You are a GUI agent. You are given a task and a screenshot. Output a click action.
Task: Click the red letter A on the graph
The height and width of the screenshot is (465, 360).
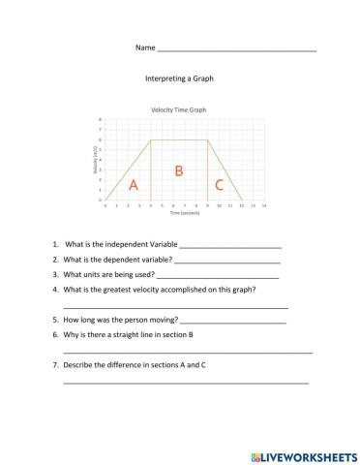(134, 184)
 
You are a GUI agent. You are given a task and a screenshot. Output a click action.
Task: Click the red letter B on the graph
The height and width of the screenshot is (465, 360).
(178, 170)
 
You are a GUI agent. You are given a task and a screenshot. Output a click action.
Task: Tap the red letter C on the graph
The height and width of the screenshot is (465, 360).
(220, 184)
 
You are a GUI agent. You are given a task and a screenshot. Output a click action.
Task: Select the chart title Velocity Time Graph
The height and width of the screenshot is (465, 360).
(179, 109)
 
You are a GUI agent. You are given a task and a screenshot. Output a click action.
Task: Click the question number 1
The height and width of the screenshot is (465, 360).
(56, 245)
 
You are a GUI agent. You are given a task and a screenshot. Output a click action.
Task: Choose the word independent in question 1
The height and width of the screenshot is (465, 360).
(121, 245)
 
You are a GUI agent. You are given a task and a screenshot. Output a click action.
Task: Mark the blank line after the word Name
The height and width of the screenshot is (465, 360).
(236, 49)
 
